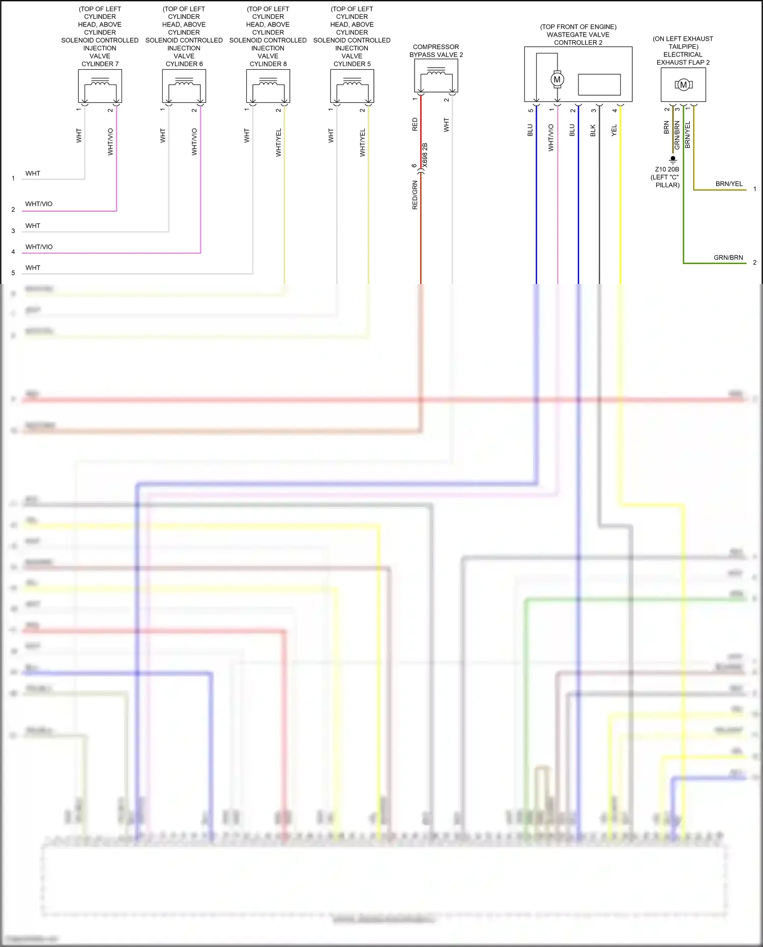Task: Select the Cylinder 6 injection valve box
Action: coord(184,85)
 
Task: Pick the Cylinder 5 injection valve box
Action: coord(352,85)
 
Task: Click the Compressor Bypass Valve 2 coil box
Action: coord(436,75)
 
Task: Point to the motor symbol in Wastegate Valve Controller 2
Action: coord(557,79)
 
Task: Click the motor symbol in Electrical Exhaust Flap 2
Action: coord(683,85)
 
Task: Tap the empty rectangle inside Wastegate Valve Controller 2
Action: coord(599,84)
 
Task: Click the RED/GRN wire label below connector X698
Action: coord(415,195)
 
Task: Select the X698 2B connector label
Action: coord(425,156)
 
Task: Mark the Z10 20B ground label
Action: coord(667,169)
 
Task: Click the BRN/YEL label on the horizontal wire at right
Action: coord(729,184)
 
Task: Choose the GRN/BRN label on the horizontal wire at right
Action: coord(728,257)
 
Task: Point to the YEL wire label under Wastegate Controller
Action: coord(614,130)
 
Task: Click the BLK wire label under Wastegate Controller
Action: coord(593,130)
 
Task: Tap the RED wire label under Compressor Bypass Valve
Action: coord(415,125)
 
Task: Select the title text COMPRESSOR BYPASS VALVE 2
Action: coord(436,51)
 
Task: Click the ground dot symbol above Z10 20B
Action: coord(673,159)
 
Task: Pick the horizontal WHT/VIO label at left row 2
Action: coord(39,204)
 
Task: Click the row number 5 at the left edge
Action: coord(13,273)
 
